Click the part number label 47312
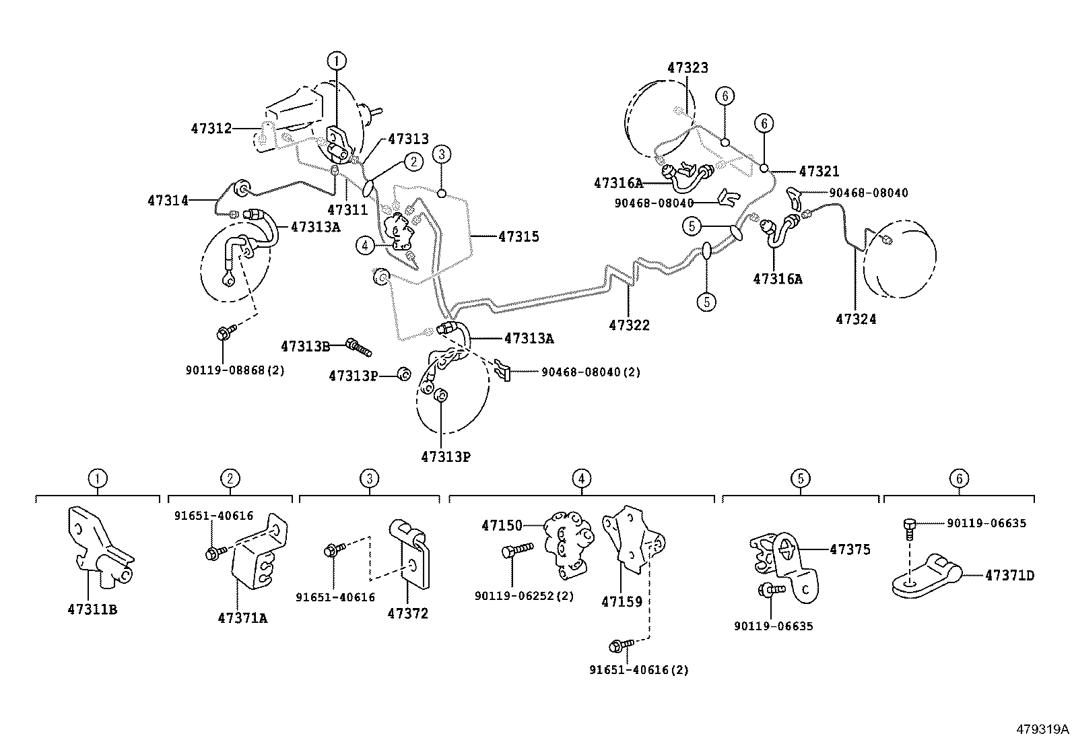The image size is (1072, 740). (x=211, y=128)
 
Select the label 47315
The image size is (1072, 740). (x=518, y=236)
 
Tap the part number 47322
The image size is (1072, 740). (x=629, y=325)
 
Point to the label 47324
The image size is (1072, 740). (x=856, y=319)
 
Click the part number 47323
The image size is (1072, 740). (x=688, y=68)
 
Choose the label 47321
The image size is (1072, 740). (x=819, y=172)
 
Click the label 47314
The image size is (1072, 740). (x=168, y=200)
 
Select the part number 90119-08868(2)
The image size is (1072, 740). (x=235, y=370)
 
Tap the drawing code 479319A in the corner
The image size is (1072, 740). (x=1042, y=729)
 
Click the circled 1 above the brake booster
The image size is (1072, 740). (x=337, y=61)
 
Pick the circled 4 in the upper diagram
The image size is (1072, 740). (x=364, y=246)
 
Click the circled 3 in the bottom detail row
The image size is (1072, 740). (x=369, y=479)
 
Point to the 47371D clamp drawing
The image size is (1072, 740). (x=928, y=576)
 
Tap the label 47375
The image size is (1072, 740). (x=850, y=549)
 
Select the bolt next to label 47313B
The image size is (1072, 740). (x=358, y=347)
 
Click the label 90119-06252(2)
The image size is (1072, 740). (x=524, y=596)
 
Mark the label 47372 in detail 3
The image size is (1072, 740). (x=407, y=613)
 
